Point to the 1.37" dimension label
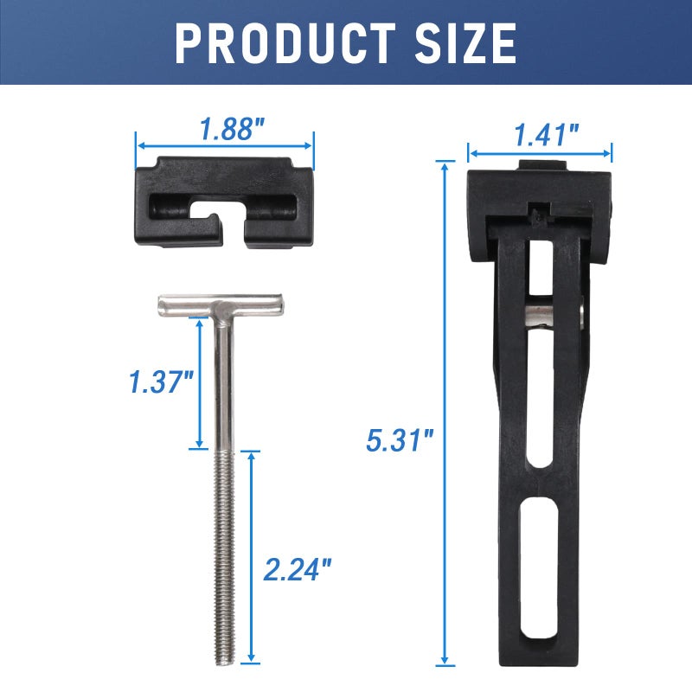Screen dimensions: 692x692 click(160, 382)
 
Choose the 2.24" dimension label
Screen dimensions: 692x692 click(298, 569)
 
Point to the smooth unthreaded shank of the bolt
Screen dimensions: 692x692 click(223, 381)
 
